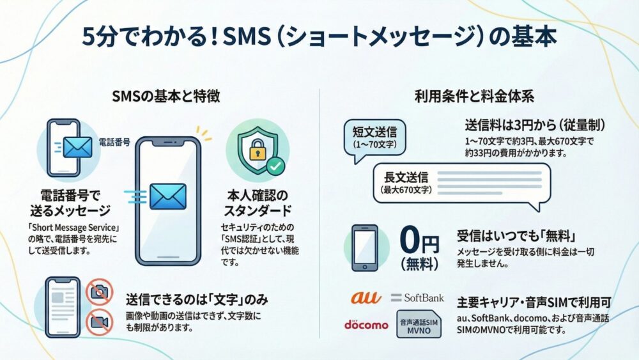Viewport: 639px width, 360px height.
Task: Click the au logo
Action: pos(366,298)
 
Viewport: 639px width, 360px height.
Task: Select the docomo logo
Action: pos(366,324)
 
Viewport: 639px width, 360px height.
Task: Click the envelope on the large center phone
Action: pos(168,197)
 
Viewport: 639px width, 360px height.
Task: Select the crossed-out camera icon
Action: pos(100,291)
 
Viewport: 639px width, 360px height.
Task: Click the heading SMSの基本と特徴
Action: pos(166,97)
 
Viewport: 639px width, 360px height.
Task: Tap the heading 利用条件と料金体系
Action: pos(474,97)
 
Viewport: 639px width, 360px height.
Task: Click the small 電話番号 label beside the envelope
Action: pos(115,143)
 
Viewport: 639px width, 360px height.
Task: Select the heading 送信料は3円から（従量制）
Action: pos(535,125)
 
